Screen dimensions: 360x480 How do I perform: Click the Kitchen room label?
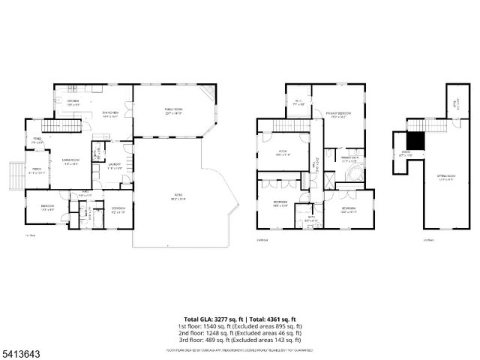(x=73, y=101)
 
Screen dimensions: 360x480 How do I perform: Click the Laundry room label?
(x=115, y=166)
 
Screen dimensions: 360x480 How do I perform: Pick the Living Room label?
(x=71, y=162)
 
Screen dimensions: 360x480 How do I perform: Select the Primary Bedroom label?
(x=338, y=115)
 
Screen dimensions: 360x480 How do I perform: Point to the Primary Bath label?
(x=349, y=159)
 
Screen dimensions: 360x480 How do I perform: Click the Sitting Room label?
(x=447, y=177)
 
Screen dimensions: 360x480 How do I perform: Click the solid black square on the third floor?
(x=415, y=140)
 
